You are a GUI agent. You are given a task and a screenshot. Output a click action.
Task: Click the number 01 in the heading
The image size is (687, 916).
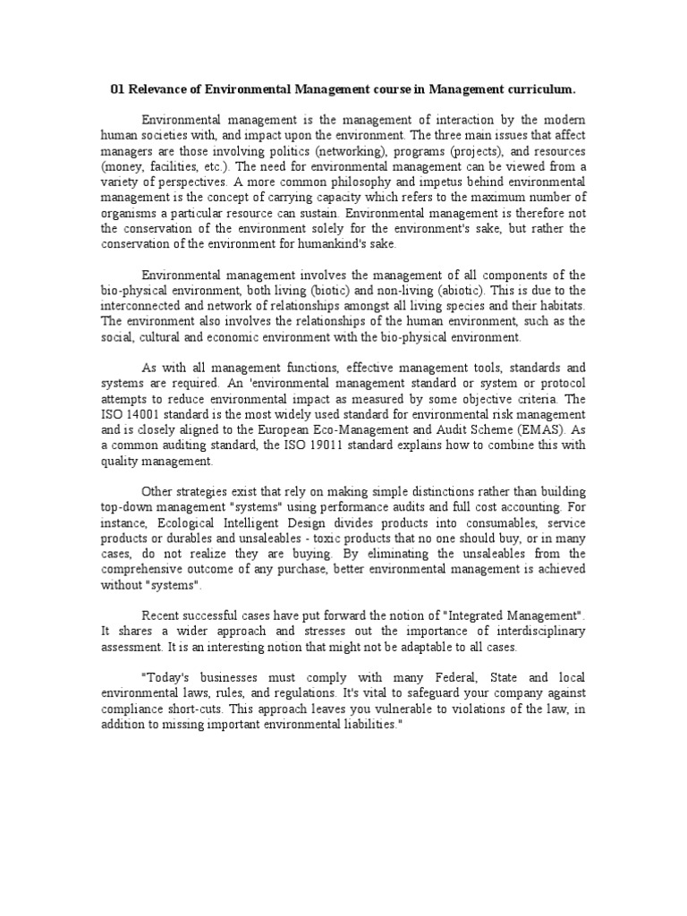click(x=117, y=89)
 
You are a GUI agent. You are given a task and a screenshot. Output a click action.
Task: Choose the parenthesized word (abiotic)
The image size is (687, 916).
click(x=456, y=290)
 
